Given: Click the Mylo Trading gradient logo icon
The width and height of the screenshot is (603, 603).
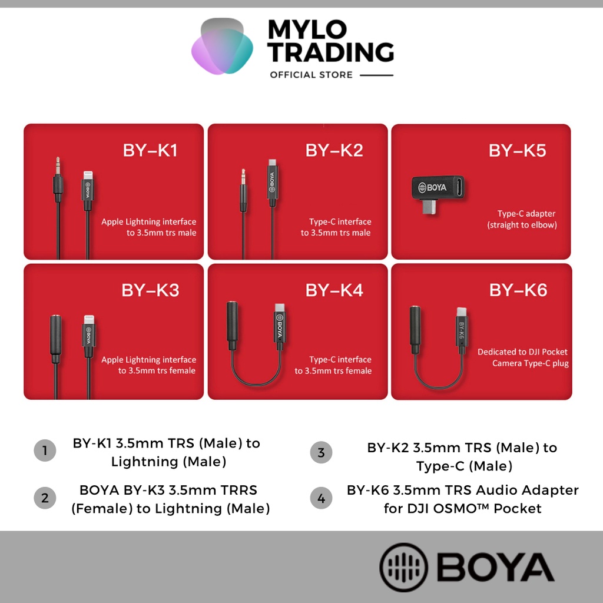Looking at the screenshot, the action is (x=222, y=46).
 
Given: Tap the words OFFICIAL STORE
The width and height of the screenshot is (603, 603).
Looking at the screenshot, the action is (x=311, y=75).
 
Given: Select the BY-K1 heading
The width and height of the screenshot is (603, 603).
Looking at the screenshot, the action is (x=150, y=150).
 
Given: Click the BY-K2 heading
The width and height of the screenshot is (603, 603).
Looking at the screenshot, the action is (x=334, y=150).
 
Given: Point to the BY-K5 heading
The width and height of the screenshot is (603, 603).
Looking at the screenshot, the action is (x=517, y=150).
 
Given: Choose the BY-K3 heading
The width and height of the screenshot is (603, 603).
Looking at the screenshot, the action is (x=150, y=290).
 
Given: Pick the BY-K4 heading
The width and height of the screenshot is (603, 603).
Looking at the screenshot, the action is (x=334, y=290).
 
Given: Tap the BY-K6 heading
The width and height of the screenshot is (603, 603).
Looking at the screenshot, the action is (x=518, y=290).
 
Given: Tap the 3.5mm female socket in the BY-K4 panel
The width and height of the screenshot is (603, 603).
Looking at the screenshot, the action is (x=232, y=325).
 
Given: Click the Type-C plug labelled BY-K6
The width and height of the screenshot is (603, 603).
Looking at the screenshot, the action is (x=462, y=327).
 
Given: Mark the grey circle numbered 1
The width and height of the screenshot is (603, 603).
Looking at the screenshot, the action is (x=45, y=450).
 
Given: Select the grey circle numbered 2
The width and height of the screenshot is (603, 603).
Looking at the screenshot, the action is (x=45, y=498).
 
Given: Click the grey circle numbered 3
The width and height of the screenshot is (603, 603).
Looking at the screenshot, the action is (x=321, y=452).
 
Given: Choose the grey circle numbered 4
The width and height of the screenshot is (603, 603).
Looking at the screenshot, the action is (x=321, y=498).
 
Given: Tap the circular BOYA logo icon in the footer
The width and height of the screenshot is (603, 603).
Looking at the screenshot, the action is (x=403, y=567).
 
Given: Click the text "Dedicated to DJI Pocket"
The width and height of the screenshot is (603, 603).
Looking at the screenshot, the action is (x=522, y=352).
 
